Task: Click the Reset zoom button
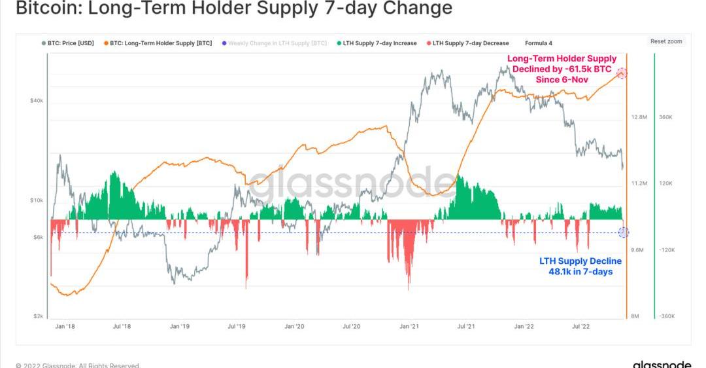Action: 665,41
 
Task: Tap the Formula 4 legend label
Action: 538,43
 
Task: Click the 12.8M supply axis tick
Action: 639,117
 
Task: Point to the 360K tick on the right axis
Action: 665,117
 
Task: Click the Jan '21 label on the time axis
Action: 410,325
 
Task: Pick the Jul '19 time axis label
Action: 237,325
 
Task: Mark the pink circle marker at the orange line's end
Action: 622,73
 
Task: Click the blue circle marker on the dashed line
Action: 623,232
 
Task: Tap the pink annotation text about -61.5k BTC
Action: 562,69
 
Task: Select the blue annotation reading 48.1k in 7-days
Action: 580,266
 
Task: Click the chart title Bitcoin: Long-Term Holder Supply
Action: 233,9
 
